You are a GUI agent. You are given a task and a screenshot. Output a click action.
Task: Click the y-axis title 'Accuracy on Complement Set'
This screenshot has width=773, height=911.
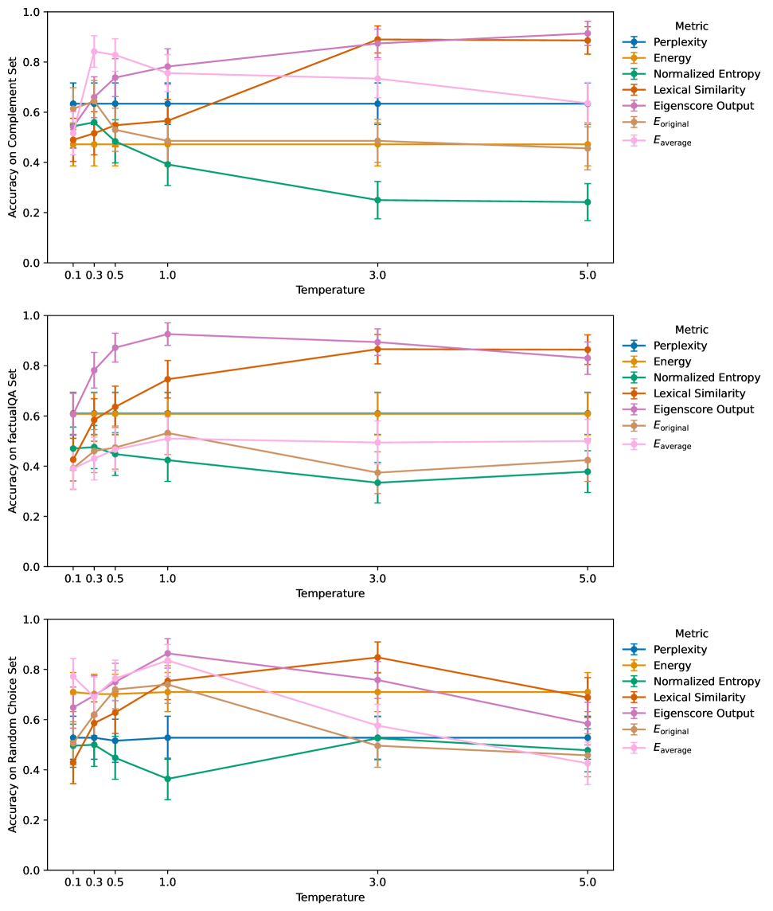[x=13, y=138]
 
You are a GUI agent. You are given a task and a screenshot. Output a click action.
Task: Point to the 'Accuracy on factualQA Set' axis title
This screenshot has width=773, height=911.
[x=13, y=441]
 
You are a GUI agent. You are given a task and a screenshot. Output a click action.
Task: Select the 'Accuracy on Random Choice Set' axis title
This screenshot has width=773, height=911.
[x=13, y=745]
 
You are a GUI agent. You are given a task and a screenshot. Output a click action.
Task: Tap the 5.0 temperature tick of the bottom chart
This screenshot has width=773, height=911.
[x=588, y=882]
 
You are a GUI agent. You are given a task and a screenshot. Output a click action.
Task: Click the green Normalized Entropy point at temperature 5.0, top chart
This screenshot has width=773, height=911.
[x=588, y=202]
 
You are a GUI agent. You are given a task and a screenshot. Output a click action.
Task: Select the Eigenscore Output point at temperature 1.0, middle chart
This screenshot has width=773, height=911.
[x=168, y=334]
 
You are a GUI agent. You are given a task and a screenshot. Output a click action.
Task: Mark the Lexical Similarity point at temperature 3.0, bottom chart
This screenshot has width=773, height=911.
[x=378, y=658]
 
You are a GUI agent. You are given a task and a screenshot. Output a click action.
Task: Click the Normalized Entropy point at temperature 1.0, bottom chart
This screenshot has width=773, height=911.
[x=168, y=779]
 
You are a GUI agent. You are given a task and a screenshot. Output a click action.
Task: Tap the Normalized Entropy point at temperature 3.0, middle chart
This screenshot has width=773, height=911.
[x=378, y=483]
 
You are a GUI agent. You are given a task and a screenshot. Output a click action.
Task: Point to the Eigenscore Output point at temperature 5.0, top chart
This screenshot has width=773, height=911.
[x=588, y=33]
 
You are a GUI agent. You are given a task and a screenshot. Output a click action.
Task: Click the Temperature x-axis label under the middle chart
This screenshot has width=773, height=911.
[x=330, y=593]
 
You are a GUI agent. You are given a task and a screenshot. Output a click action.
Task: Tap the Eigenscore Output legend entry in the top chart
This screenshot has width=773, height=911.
[x=703, y=106]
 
